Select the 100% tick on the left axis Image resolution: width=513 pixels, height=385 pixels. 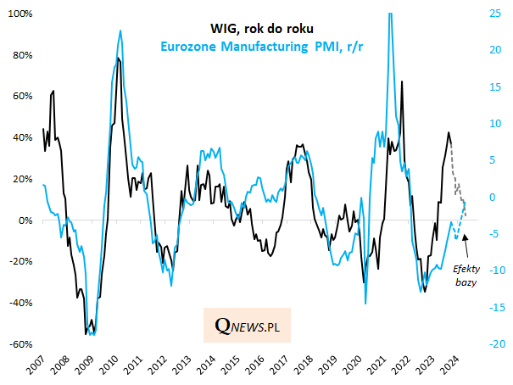(20, 14)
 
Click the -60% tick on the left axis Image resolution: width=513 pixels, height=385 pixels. (20, 345)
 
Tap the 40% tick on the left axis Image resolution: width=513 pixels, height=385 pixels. (22, 138)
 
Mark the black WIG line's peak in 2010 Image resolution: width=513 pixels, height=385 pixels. (117, 59)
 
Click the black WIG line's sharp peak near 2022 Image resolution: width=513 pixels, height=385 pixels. (402, 82)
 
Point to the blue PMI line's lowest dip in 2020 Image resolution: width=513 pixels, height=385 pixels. (365, 303)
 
